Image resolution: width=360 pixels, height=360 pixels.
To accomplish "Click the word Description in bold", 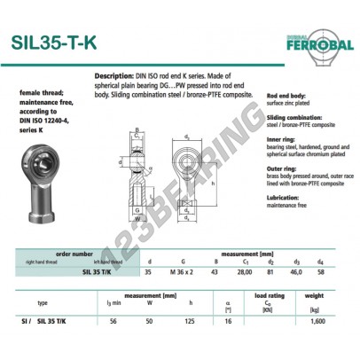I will tap(113, 77).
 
